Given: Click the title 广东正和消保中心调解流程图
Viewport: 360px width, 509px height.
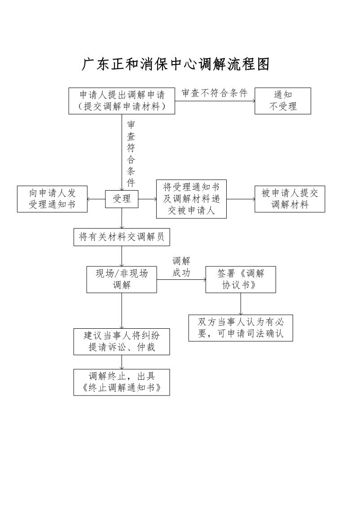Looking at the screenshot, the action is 176,64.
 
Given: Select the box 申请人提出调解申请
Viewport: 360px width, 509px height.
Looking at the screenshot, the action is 122,100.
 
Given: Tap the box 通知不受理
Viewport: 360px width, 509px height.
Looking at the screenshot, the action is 283,100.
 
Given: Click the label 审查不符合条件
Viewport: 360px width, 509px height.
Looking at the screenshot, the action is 215,93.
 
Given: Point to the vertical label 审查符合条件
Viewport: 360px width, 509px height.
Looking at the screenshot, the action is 131,153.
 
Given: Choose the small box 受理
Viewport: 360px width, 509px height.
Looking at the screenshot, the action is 122,199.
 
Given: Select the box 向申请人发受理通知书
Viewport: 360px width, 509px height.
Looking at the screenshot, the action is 53,199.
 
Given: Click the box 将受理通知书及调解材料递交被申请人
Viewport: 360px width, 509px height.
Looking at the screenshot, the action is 191,199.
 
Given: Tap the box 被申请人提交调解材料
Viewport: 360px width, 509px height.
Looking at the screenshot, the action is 290,199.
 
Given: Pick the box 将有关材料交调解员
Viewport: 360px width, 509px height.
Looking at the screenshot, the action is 122,237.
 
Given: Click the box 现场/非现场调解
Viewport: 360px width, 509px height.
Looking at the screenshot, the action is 122,279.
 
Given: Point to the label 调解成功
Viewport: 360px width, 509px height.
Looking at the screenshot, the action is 181,267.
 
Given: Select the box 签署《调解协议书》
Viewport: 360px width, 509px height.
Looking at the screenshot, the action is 241,279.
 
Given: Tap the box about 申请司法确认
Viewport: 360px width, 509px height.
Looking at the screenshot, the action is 241,328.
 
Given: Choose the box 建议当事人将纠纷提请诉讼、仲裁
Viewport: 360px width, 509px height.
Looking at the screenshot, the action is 122,342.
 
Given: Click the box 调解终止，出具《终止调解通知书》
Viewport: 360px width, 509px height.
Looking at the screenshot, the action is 122,382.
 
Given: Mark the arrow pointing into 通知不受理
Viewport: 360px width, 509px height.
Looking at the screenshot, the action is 215,101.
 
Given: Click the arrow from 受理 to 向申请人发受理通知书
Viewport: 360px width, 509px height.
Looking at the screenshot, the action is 96,199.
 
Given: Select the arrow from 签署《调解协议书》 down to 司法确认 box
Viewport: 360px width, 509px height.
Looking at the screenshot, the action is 241,304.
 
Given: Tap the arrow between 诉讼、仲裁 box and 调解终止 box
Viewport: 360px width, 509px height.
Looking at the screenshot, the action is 122,362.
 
